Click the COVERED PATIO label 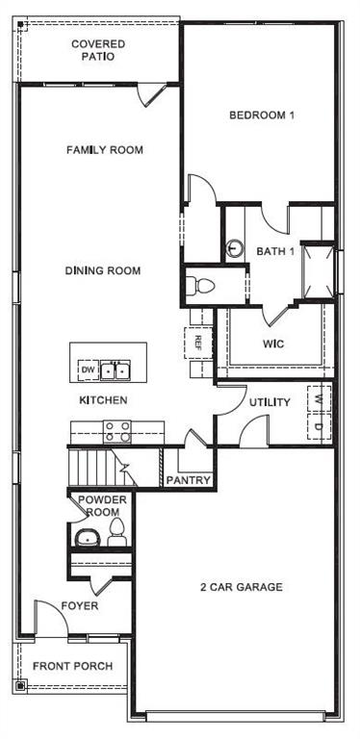point(98,50)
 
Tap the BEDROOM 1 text point(261,115)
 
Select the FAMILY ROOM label point(104,150)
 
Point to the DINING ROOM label point(103,271)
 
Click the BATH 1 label point(274,251)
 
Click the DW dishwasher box point(88,369)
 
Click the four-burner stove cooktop point(116,431)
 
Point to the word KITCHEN point(103,399)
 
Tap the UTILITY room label point(270,402)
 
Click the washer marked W point(318,396)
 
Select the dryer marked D point(318,423)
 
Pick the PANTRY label point(189,479)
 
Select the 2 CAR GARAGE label point(241,587)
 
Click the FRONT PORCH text point(72,666)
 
